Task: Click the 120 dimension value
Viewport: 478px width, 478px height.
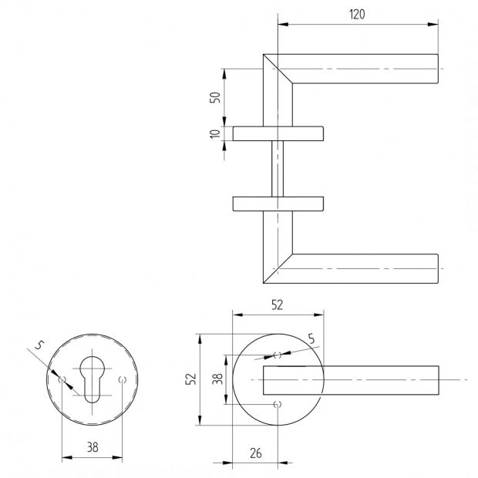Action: (x=357, y=15)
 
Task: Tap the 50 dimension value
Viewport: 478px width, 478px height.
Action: (x=215, y=97)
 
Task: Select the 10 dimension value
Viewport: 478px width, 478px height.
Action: (x=215, y=133)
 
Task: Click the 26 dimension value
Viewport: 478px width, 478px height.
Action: (x=256, y=453)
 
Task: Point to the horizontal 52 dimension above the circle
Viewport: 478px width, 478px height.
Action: (x=277, y=305)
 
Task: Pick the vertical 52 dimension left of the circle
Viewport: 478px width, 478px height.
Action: (x=191, y=379)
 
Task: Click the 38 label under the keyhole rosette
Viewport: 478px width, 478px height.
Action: (x=93, y=447)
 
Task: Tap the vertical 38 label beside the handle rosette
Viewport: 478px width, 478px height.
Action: (x=217, y=379)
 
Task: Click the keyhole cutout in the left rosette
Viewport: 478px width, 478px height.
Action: (x=92, y=379)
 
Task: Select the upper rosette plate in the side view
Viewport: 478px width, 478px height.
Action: (x=278, y=133)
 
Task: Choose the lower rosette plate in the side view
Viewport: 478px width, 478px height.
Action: (x=278, y=204)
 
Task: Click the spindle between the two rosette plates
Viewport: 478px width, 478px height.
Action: (x=278, y=169)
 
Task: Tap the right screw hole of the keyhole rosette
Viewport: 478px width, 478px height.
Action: (x=123, y=379)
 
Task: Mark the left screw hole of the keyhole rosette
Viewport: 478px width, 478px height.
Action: (x=62, y=379)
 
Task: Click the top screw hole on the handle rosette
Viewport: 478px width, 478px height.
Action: (x=278, y=355)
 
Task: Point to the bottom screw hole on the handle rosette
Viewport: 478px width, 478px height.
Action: (x=278, y=405)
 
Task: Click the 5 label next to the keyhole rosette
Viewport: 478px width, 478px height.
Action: (x=39, y=345)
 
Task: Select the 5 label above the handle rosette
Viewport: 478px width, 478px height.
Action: (x=311, y=338)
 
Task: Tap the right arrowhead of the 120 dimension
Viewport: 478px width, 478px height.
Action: (x=433, y=25)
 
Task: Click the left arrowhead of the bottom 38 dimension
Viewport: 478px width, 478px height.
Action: (x=67, y=457)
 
